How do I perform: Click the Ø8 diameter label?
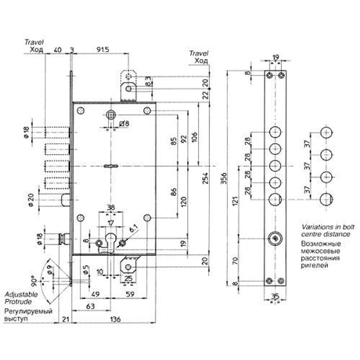point(123,124)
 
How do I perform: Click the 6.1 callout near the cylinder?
point(133,229)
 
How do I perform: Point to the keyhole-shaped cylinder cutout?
point(110,242)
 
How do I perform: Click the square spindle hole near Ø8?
point(111,115)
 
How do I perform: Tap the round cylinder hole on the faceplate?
point(275,239)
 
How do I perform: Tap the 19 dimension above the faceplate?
point(275,57)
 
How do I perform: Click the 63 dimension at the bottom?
point(91,306)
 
